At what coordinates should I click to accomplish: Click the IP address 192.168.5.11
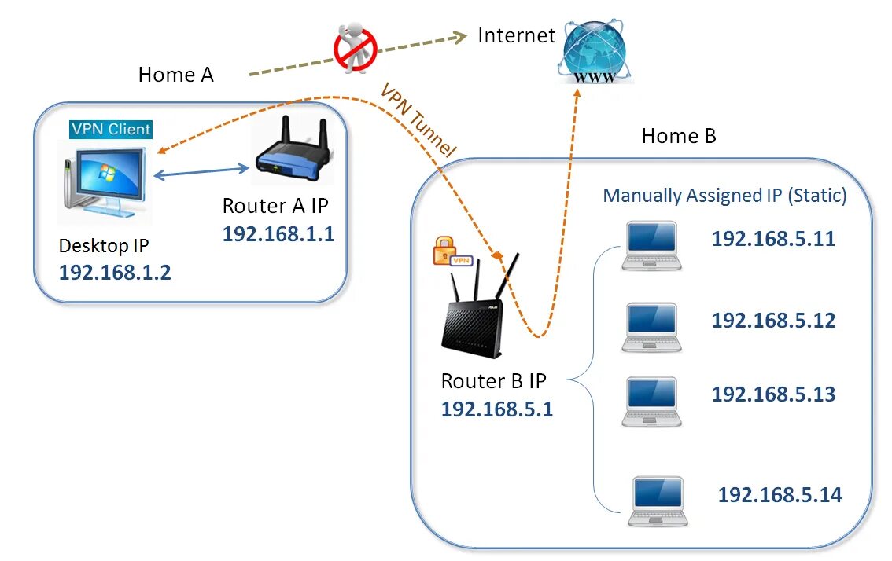pos(772,239)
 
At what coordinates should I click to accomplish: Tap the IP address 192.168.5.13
pos(773,394)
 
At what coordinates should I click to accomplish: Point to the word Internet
pos(517,35)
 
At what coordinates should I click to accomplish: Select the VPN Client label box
pos(111,129)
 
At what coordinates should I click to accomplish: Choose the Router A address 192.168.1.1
pos(278,234)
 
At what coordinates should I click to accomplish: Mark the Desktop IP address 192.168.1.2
pos(115,273)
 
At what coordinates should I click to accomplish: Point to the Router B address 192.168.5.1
pos(496,409)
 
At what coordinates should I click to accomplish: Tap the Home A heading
pos(176,75)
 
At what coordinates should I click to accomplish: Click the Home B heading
pos(679,136)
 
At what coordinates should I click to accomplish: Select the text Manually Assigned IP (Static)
pos(724,196)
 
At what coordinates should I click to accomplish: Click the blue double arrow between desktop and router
pos(201,170)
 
